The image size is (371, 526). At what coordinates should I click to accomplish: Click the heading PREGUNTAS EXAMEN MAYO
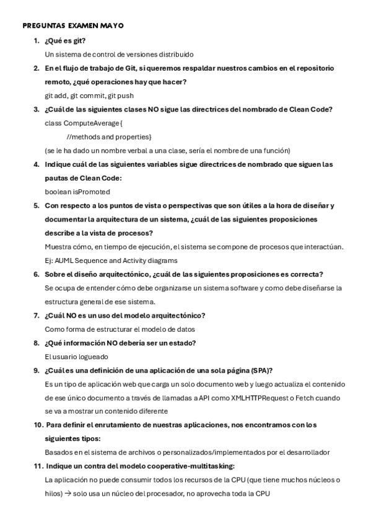[x=73, y=26]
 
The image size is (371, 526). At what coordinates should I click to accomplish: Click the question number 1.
[x=36, y=41]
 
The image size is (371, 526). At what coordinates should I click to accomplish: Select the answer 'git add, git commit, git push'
[x=89, y=96]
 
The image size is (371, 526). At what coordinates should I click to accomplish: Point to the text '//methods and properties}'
[x=109, y=136]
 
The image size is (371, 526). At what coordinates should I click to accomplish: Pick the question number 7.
[x=36, y=315]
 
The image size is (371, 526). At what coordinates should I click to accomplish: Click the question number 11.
[x=37, y=465]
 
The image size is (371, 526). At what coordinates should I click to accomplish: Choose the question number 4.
[x=36, y=164]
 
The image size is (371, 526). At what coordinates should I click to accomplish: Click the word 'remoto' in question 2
[x=59, y=82]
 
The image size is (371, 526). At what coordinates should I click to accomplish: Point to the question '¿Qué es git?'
[x=65, y=41]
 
